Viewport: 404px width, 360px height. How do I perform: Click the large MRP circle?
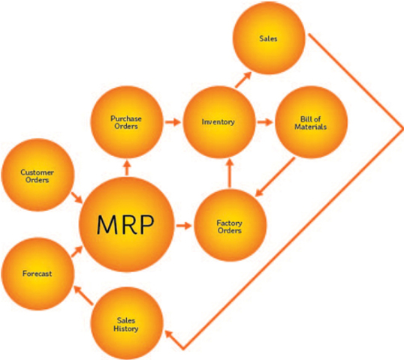[123, 224]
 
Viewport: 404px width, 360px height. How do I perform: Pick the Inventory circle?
[219, 121]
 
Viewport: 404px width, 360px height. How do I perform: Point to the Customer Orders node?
[35, 177]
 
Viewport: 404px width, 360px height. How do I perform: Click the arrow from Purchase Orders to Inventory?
[172, 121]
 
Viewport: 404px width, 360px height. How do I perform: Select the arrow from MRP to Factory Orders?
[182, 225]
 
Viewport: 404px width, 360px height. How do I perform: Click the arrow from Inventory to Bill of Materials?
[264, 121]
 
